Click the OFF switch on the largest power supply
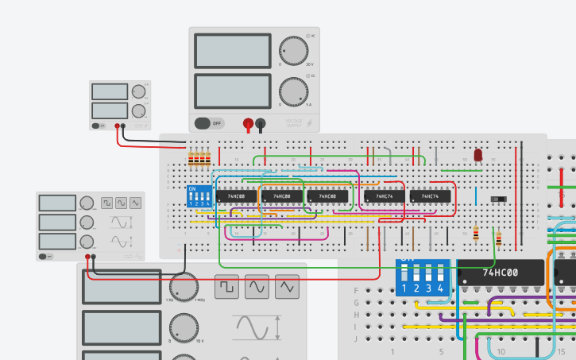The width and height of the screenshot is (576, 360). pos(208,123)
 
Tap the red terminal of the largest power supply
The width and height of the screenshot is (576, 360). pos(248,123)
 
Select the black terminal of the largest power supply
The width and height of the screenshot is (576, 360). pos(261,123)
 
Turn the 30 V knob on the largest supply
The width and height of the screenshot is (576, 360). pos(293,52)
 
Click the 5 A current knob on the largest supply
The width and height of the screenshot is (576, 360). pos(293,91)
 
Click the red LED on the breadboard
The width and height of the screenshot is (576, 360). pos(478,155)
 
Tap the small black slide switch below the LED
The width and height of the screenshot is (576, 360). pos(499,199)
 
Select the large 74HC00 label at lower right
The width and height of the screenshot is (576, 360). pos(501,273)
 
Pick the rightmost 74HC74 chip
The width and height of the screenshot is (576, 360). pos(431,195)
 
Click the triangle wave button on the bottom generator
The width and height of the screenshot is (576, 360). pos(287,286)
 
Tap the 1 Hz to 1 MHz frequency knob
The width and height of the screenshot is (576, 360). pos(184,287)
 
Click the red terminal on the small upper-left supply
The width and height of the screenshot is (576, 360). pos(117,126)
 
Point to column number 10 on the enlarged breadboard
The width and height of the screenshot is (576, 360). pos(501,350)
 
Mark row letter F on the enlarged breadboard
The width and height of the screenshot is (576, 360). pos(356,290)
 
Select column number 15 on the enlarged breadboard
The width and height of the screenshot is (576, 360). pos(561,350)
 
